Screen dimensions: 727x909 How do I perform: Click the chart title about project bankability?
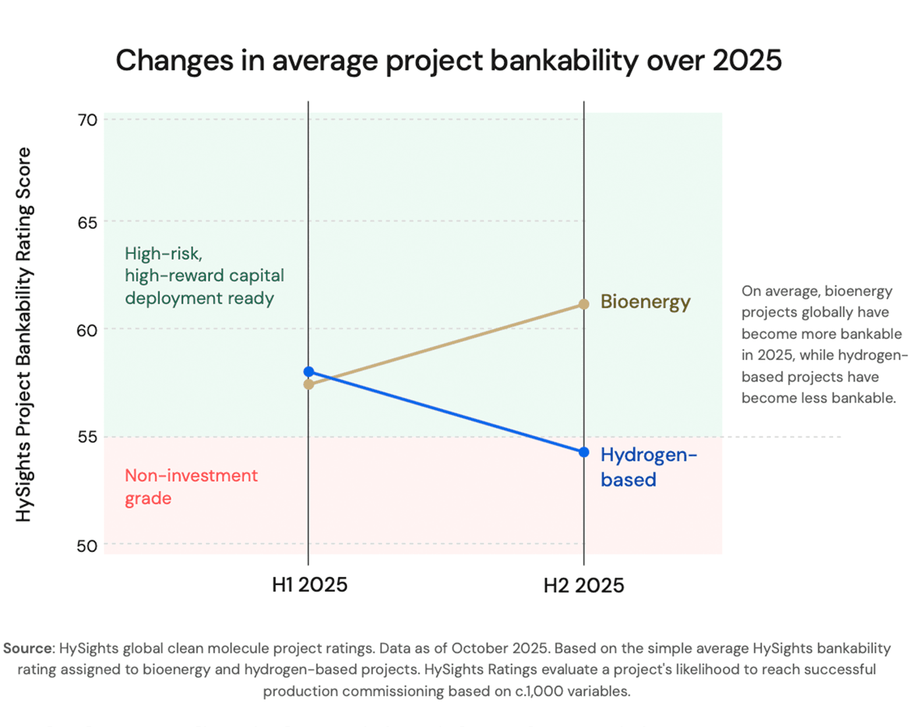click(x=449, y=61)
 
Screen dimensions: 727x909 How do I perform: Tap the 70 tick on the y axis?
click(x=87, y=120)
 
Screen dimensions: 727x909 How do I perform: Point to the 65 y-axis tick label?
click(x=87, y=223)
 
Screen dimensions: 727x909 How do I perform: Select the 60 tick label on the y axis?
click(x=87, y=330)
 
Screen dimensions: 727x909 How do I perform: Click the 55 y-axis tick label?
click(x=87, y=437)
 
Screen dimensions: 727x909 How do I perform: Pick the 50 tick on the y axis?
click(x=87, y=546)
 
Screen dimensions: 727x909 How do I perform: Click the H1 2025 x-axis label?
click(x=309, y=585)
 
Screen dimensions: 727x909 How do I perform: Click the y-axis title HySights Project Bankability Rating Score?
click(x=24, y=334)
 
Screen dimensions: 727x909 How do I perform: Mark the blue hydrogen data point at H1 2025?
click(x=309, y=372)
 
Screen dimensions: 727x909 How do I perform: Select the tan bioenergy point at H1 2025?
click(x=309, y=384)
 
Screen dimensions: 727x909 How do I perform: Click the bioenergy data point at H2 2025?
click(x=584, y=304)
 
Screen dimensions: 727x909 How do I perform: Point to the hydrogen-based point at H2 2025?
click(x=584, y=452)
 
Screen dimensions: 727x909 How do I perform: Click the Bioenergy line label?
click(x=645, y=302)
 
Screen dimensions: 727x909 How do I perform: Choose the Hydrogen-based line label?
click(x=648, y=467)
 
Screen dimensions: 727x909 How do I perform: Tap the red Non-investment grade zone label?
click(x=191, y=487)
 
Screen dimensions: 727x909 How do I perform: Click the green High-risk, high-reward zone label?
click(x=204, y=276)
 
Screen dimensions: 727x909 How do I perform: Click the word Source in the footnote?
click(x=28, y=648)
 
